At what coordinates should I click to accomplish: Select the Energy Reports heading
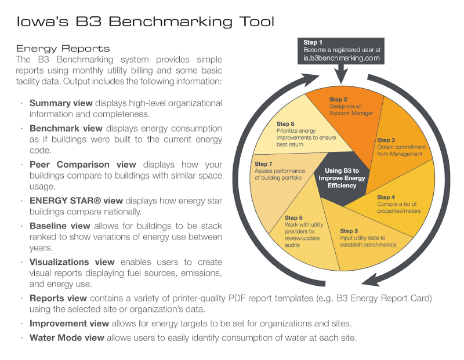(x=63, y=49)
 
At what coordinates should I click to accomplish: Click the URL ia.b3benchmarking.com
(x=341, y=58)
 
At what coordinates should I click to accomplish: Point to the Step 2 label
(x=340, y=100)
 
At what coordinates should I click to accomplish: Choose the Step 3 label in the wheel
(x=387, y=140)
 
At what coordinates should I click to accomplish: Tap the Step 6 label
(x=294, y=217)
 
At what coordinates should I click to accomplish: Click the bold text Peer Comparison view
(x=82, y=165)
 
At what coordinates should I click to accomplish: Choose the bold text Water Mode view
(x=67, y=337)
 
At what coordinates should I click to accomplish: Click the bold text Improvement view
(x=67, y=323)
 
